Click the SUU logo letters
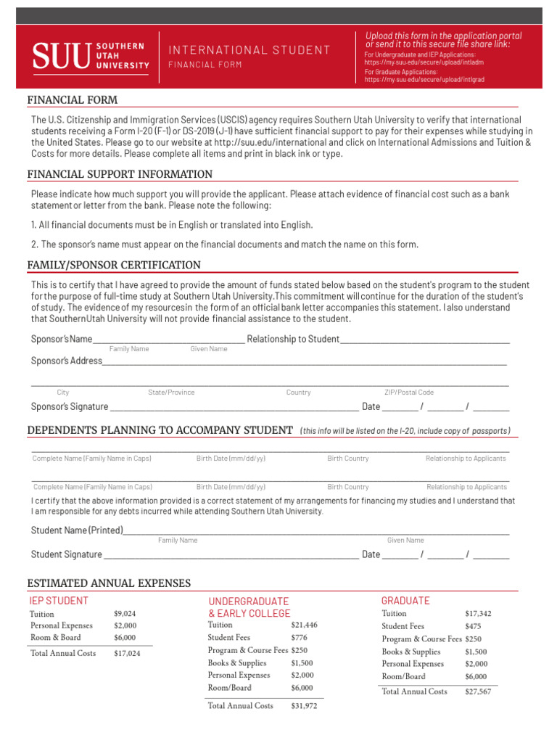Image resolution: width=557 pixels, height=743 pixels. [x=62, y=57]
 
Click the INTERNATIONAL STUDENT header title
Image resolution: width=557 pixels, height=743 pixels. [x=249, y=50]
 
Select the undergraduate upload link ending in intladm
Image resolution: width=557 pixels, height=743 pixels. [x=424, y=62]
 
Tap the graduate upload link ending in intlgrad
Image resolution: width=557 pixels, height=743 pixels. [x=424, y=80]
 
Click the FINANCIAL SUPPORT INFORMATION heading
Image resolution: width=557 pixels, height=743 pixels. [x=120, y=174]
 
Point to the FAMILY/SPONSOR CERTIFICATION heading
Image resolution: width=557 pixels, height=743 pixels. [x=114, y=265]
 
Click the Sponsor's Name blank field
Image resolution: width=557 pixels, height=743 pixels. [x=169, y=339]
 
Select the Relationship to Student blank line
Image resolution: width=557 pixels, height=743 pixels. [x=424, y=339]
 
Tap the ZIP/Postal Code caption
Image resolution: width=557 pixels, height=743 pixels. [x=409, y=393]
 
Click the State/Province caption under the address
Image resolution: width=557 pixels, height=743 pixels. [x=171, y=393]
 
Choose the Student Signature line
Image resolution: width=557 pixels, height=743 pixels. [x=231, y=554]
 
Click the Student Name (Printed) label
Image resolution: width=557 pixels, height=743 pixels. [x=77, y=530]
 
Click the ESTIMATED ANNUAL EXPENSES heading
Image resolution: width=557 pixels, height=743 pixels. [x=109, y=583]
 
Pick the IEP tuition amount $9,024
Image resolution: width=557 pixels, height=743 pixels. [x=125, y=614]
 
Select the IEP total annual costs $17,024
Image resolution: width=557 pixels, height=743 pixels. [x=127, y=654]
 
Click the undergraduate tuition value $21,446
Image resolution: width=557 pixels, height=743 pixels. [x=304, y=625]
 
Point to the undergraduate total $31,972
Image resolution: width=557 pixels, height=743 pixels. [x=304, y=706]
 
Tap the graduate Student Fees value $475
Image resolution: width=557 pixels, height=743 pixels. [x=473, y=626]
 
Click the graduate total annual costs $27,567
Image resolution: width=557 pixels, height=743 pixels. [x=478, y=692]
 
